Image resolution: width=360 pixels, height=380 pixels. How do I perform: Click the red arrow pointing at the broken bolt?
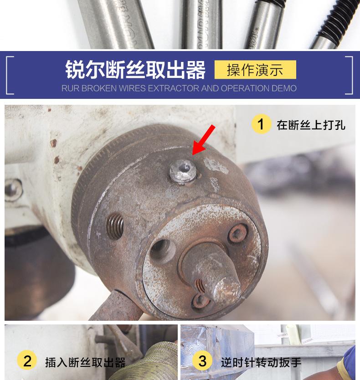[204, 139]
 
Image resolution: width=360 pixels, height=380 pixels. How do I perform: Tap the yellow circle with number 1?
[261, 124]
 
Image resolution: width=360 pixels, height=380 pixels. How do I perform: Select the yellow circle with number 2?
[27, 361]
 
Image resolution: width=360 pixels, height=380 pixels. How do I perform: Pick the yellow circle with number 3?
[202, 361]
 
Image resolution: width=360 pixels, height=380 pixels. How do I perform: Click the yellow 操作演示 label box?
[255, 70]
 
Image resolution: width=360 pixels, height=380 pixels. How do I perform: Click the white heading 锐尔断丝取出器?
[135, 70]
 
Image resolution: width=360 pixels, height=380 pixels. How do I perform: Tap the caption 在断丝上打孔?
[311, 124]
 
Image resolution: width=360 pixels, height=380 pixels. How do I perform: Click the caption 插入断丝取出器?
[85, 362]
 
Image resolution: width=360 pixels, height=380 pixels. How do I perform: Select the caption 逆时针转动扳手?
[261, 362]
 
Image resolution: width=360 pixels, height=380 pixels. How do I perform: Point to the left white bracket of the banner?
[10, 75]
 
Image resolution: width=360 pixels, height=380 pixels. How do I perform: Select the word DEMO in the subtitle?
[285, 88]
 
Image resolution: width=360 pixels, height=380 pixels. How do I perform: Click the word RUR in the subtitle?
[70, 88]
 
